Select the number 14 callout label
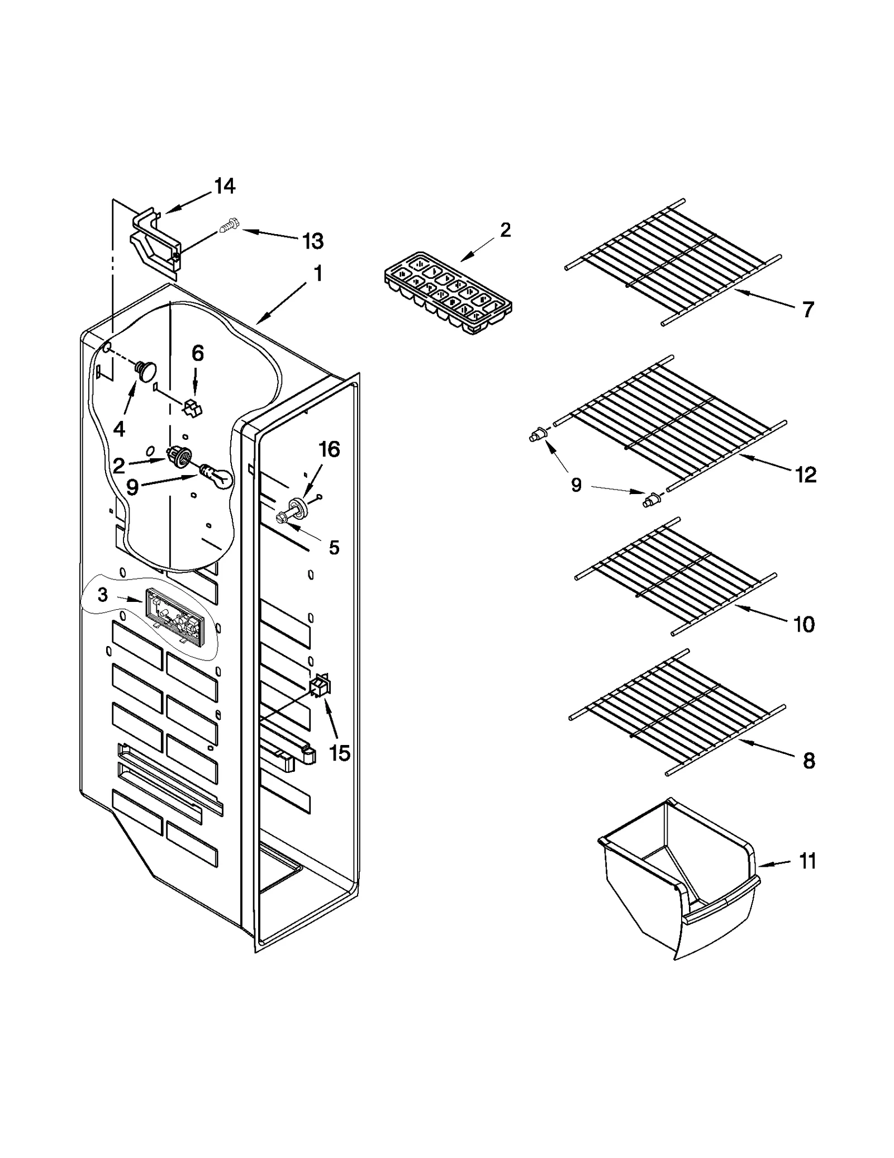tap(225, 186)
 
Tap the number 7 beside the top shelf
tap(808, 309)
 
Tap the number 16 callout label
tap(329, 449)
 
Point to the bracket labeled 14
tap(155, 244)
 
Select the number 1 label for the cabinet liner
tap(317, 274)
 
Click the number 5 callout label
tap(334, 547)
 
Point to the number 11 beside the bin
tap(807, 861)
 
